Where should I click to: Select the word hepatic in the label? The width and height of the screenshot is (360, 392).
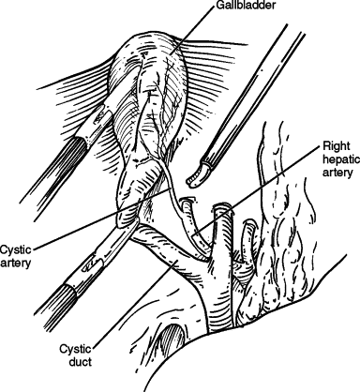point(339,160)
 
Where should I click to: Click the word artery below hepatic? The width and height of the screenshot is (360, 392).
point(337,174)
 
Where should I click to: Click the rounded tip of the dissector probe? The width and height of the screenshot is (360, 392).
point(194,174)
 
